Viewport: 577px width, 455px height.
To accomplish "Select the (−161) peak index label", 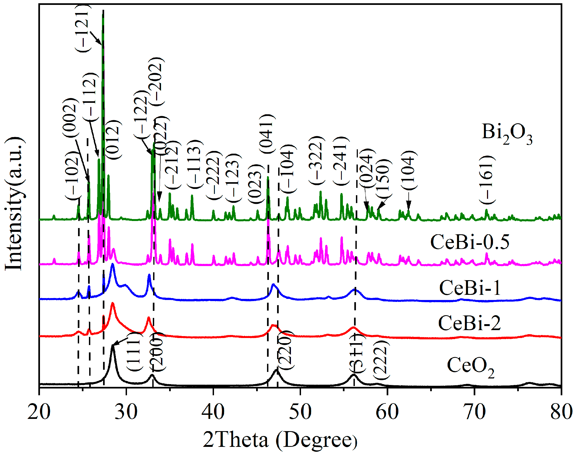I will pyautogui.click(x=487, y=180).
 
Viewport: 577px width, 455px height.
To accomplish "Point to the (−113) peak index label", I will pyautogui.click(x=195, y=164).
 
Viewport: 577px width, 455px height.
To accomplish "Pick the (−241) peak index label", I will pyautogui.click(x=341, y=161).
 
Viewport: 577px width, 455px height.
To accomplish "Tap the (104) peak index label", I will pyautogui.click(x=409, y=170).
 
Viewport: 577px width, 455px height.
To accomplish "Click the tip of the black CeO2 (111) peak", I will pyautogui.click(x=113, y=346).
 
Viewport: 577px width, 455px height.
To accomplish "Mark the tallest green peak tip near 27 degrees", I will pyautogui.click(x=103, y=14).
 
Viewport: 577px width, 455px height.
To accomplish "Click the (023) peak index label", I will pyautogui.click(x=256, y=184).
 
